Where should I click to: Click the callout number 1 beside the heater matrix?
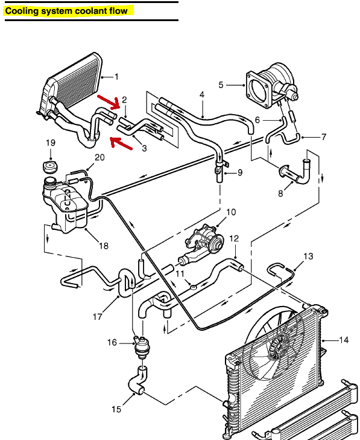(x=116, y=77)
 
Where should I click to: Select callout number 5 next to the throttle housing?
(x=221, y=85)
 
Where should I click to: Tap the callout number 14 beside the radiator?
(x=343, y=340)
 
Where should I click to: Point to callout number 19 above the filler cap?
(x=51, y=143)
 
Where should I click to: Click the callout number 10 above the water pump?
(x=231, y=212)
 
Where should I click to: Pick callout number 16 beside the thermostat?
(x=112, y=343)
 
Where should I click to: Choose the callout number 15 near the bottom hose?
(x=116, y=409)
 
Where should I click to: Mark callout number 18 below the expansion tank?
(x=103, y=246)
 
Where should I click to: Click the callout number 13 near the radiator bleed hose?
(x=308, y=257)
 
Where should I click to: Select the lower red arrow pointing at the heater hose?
(x=122, y=144)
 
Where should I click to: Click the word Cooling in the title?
(x=22, y=11)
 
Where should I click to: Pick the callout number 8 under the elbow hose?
(x=280, y=194)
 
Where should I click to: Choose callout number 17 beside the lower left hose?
(x=98, y=317)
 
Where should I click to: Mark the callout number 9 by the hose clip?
(x=239, y=173)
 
